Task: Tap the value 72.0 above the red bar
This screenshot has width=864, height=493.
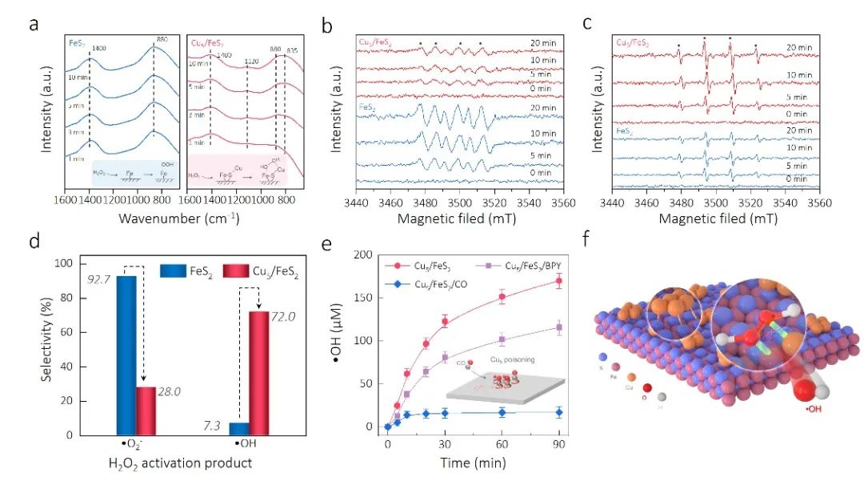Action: coord(282,318)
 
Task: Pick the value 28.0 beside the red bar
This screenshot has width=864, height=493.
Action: coord(166,391)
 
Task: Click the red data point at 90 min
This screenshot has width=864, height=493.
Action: coord(558,281)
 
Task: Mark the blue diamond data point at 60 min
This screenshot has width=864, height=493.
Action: coord(502,412)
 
